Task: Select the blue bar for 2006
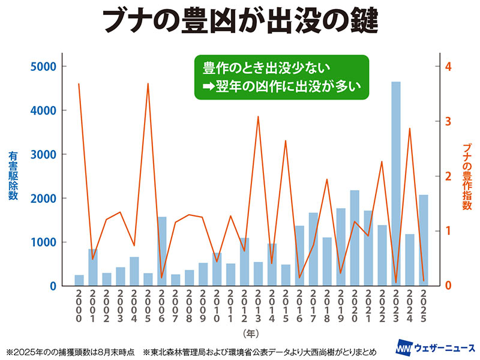click(161, 251)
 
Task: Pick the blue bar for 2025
click(424, 241)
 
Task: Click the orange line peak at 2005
click(148, 84)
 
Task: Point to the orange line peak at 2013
click(258, 116)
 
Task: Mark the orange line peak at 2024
click(410, 128)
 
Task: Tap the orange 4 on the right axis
click(447, 67)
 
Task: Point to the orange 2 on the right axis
click(447, 176)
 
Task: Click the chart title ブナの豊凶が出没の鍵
click(240, 22)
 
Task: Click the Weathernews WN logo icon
click(405, 349)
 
